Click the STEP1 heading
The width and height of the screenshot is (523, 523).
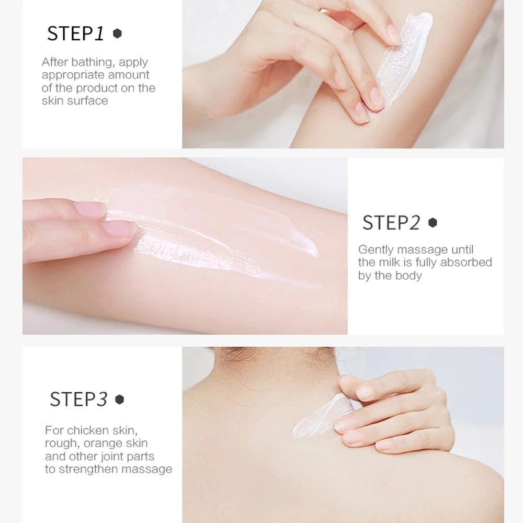click(x=76, y=33)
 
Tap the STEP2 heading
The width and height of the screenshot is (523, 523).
click(x=391, y=223)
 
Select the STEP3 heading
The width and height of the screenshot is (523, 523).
click(x=78, y=400)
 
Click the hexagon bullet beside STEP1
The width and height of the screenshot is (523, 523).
click(x=118, y=33)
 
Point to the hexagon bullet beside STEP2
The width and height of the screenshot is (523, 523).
click(x=433, y=223)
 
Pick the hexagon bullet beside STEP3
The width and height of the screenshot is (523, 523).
click(x=120, y=400)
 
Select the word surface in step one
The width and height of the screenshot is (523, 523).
click(x=88, y=100)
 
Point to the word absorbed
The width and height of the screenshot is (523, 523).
click(x=466, y=263)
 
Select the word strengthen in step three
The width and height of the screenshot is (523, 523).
click(x=88, y=469)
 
